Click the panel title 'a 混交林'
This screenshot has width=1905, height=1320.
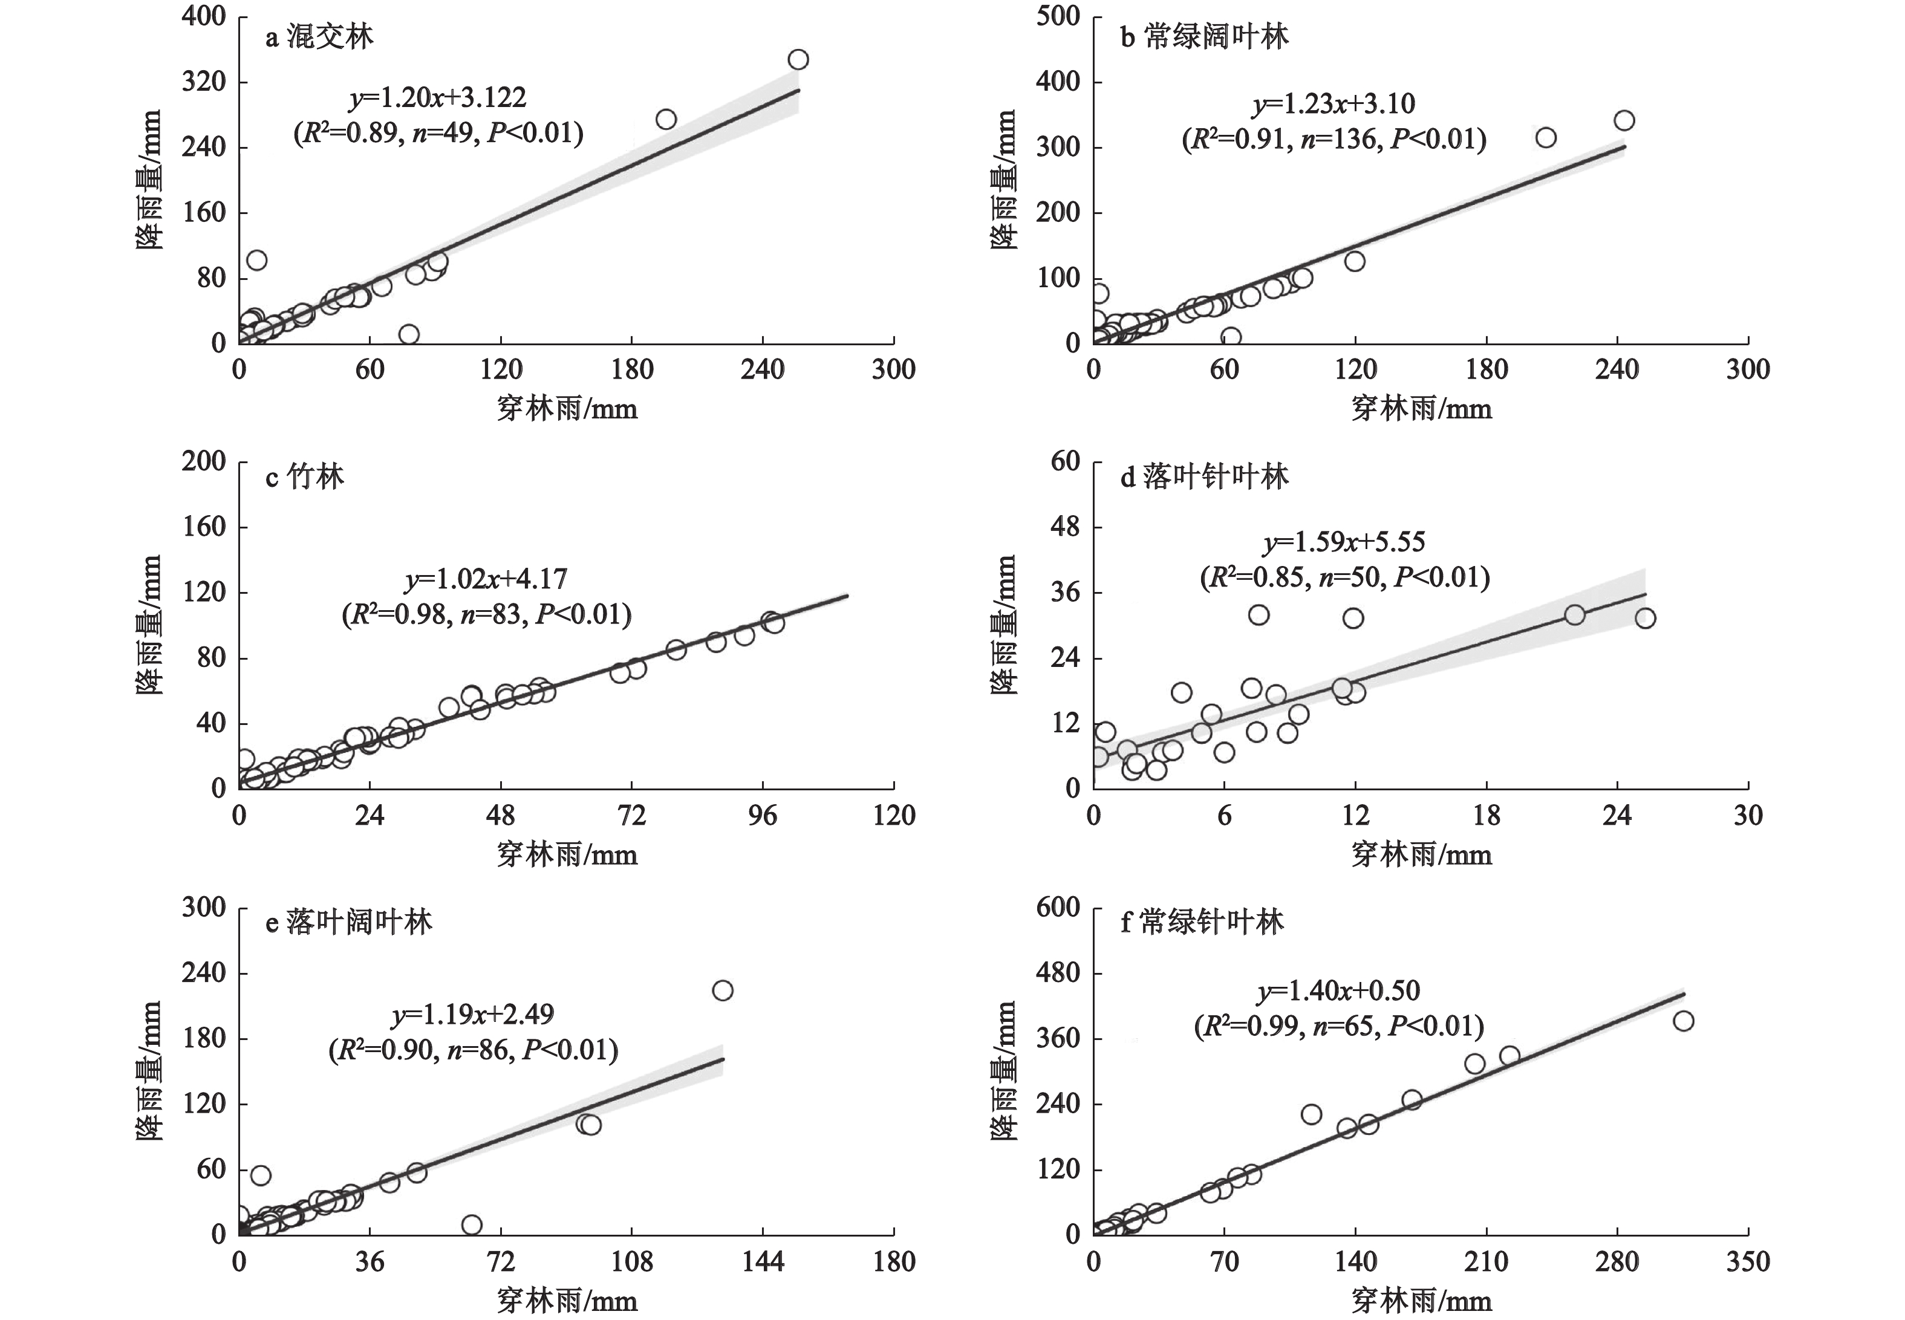[319, 38]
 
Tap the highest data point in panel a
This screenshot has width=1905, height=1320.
[798, 59]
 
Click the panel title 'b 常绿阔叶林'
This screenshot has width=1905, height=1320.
[1203, 38]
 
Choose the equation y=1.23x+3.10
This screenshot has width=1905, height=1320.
[1333, 104]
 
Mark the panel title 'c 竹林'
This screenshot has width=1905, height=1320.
[304, 477]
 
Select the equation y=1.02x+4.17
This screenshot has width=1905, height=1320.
[486, 579]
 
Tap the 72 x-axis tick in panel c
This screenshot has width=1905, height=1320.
[632, 816]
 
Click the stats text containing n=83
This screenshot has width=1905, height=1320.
[486, 614]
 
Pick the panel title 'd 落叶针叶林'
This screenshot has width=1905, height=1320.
[1203, 477]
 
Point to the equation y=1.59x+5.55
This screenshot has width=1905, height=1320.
[1344, 542]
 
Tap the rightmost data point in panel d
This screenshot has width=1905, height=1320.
[1644, 618]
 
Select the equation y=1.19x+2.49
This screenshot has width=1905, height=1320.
[472, 1014]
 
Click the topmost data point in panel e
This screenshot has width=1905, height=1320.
[722, 990]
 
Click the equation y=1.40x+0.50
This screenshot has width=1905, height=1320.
[1338, 991]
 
